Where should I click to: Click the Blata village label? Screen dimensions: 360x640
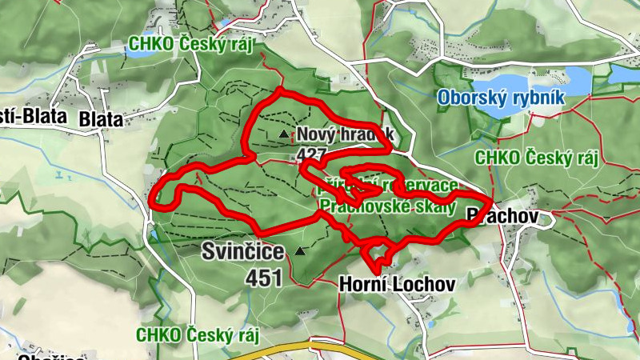[101, 119]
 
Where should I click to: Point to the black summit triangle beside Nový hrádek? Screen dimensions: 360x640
[283, 134]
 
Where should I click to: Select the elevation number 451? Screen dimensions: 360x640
[265, 278]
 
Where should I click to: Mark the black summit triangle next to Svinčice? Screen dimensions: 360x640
[300, 251]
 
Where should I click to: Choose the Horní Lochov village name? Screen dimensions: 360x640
[397, 283]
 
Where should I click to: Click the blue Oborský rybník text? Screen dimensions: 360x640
[502, 98]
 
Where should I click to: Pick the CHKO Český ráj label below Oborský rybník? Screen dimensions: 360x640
[536, 158]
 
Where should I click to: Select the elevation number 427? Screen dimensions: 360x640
[310, 154]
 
